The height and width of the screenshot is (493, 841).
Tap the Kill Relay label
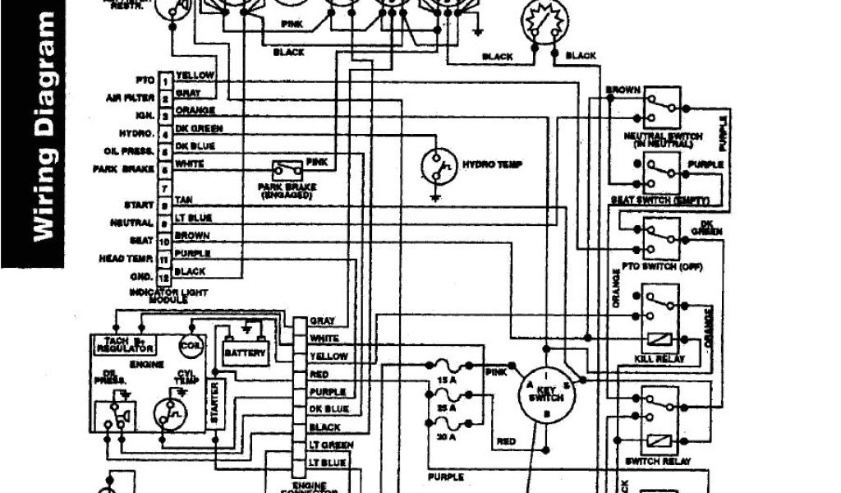point(657,359)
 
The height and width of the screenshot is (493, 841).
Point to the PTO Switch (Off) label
point(658,267)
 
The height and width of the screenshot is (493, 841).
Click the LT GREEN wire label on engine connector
point(330,445)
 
